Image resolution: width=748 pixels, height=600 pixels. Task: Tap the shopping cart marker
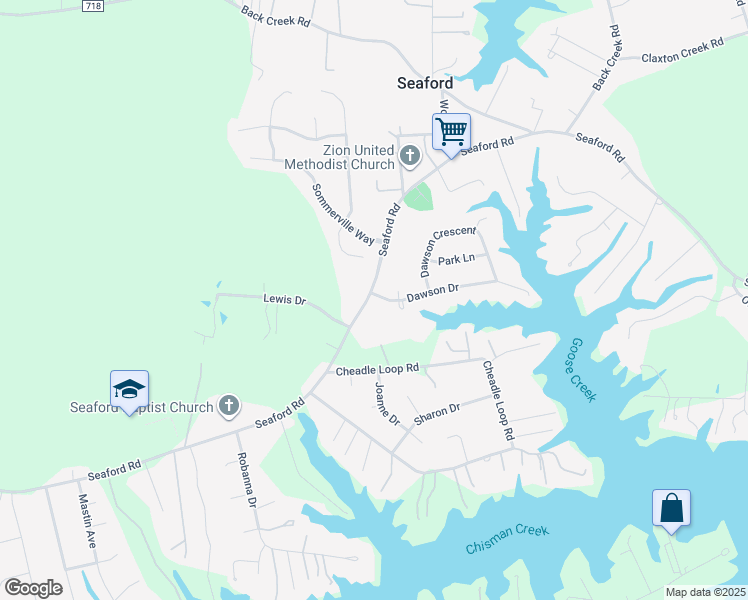[x=451, y=131]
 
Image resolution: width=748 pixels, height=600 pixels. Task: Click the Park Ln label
[x=454, y=260]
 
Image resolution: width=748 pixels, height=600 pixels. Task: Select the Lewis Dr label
[x=284, y=299]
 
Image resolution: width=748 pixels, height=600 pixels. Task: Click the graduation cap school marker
[x=129, y=389]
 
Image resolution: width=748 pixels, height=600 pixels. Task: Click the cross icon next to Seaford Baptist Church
[x=229, y=406]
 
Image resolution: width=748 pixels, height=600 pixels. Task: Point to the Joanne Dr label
[x=387, y=403]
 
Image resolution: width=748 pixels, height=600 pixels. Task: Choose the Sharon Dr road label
[x=437, y=412]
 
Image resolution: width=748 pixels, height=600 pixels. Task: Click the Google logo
[x=34, y=588]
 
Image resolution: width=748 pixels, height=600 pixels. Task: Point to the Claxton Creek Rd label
[x=682, y=51]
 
